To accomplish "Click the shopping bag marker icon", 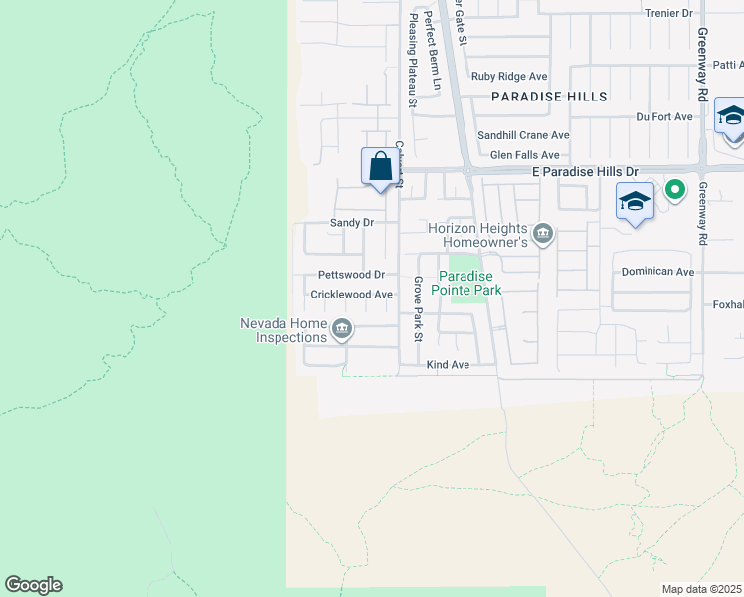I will click(380, 167).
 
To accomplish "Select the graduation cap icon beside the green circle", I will click(635, 202).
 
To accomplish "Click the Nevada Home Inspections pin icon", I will click(342, 328).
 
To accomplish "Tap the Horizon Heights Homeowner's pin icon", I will click(543, 235).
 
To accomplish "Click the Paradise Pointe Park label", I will click(470, 283).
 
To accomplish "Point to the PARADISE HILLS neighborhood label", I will click(549, 97).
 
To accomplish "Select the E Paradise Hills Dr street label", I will click(585, 172).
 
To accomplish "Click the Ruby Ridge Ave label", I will click(509, 76).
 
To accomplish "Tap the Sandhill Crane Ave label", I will click(523, 135).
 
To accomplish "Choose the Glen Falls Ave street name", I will click(525, 155).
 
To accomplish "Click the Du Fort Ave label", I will click(664, 116).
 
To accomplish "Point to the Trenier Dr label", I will click(668, 13).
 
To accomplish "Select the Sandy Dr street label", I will click(352, 223).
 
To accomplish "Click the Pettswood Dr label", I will click(351, 274).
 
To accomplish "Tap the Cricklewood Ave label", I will click(352, 295).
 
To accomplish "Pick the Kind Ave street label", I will click(447, 366).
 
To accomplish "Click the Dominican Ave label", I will click(657, 271).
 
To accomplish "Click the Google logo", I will click(33, 585).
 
